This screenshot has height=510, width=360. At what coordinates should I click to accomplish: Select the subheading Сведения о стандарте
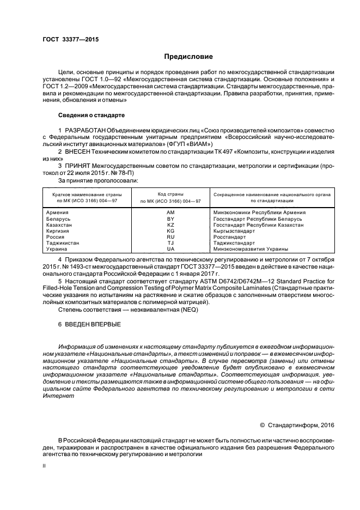click(x=91, y=116)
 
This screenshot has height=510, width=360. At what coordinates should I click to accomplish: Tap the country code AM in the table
click(x=170, y=212)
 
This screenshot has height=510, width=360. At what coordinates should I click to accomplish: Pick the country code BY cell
click(x=170, y=218)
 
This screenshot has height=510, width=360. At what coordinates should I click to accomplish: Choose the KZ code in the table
click(x=170, y=224)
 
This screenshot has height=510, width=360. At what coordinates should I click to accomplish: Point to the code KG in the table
click(x=170, y=230)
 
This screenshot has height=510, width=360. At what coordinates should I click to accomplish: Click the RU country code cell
click(x=170, y=237)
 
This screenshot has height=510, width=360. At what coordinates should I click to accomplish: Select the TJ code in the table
click(x=170, y=243)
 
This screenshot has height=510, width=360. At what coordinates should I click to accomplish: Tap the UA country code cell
click(x=170, y=249)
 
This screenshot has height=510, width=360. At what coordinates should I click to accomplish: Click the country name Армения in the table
click(x=58, y=212)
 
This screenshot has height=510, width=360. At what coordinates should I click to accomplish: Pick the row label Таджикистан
click(x=63, y=243)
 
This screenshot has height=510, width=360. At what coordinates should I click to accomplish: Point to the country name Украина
click(x=58, y=249)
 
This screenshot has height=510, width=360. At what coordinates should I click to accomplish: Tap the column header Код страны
click(x=170, y=194)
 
